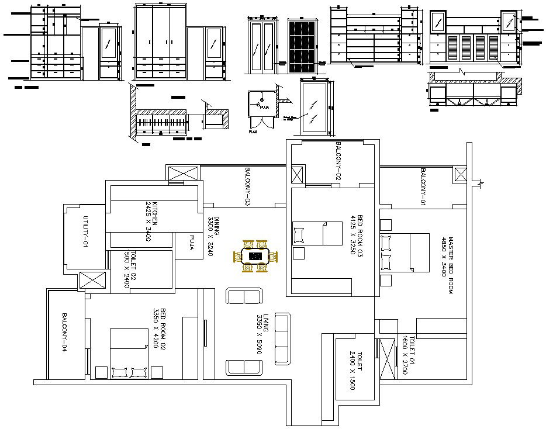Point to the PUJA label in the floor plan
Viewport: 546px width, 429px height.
pos(191,242)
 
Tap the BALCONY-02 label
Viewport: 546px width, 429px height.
pos(338,160)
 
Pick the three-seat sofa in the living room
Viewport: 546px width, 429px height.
pos(282,338)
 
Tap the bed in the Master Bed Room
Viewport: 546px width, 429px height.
pos(406,252)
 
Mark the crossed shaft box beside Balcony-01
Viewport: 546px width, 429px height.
pos(461,175)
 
